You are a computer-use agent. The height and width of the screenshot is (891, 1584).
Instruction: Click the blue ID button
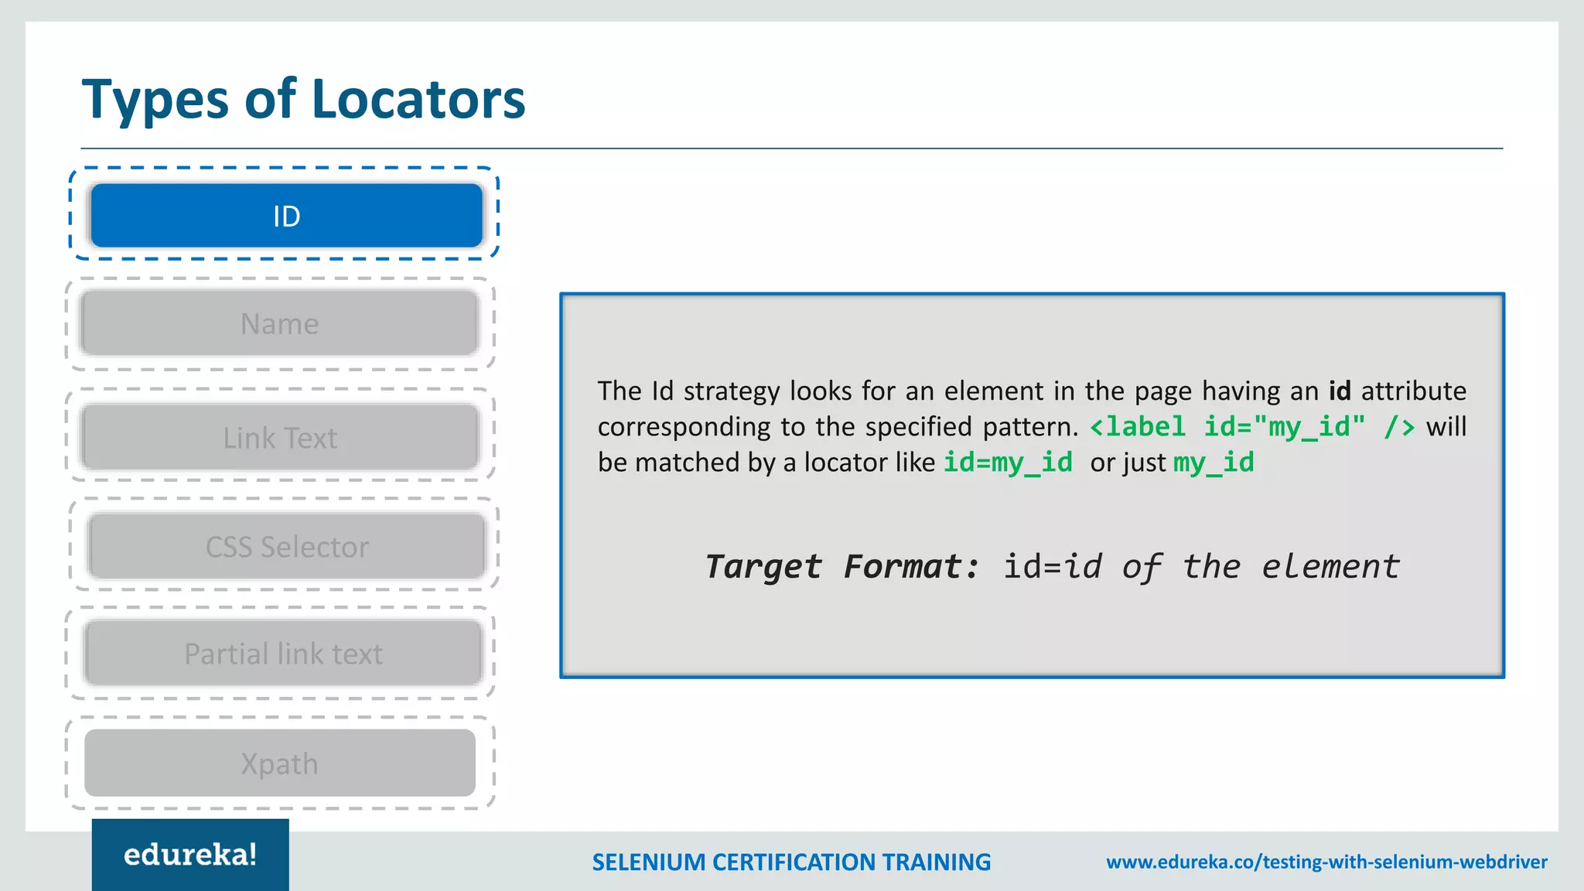[286, 216]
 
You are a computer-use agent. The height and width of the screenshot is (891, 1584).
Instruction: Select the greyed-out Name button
[279, 323]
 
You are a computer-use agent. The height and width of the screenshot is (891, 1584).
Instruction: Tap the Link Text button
[279, 438]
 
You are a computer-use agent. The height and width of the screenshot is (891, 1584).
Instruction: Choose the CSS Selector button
[287, 547]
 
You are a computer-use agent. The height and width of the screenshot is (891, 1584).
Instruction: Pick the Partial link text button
[283, 654]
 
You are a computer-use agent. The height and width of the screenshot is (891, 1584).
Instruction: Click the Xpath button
[279, 763]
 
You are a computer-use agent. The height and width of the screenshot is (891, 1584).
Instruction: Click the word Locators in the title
[418, 100]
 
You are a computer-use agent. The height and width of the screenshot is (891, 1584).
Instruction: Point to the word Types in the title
[155, 100]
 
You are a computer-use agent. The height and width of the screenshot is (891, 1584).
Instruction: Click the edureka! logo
[190, 855]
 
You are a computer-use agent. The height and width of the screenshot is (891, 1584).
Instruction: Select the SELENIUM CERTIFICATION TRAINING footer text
[791, 862]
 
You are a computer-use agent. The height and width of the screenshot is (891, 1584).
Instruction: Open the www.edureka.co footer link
[1326, 862]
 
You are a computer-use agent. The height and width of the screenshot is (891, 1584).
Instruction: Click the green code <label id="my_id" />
[1252, 427]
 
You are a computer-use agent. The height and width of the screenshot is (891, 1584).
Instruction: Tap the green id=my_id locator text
[1008, 463]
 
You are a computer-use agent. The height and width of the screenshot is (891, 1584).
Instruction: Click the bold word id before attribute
[1340, 391]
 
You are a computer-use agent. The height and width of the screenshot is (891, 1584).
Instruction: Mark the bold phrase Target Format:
[841, 567]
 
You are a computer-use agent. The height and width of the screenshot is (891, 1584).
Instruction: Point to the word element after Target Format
[1330, 567]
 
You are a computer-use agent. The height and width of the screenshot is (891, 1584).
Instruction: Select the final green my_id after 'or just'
[1214, 463]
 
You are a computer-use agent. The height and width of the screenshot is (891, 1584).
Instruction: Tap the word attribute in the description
[1413, 391]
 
